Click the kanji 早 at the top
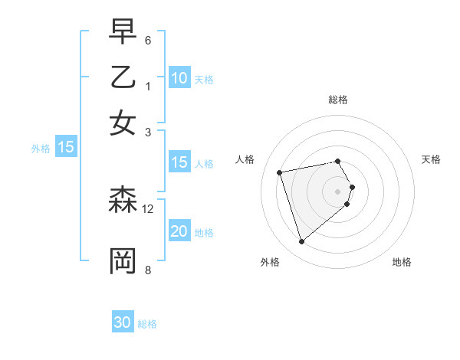click(x=123, y=33)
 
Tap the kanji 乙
click(x=123, y=77)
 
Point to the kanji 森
click(x=123, y=201)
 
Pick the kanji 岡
click(x=123, y=260)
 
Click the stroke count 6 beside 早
click(x=148, y=40)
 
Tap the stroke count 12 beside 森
click(x=148, y=208)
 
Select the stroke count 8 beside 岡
click(x=148, y=269)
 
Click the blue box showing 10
click(x=179, y=78)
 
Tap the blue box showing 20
click(x=179, y=231)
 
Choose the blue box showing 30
click(x=123, y=322)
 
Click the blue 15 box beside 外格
click(x=66, y=148)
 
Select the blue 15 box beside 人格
click(x=179, y=162)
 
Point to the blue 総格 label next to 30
click(x=147, y=324)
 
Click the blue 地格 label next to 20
click(x=204, y=233)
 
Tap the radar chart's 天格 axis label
click(x=432, y=159)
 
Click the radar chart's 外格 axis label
click(x=270, y=262)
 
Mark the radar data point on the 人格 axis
click(x=280, y=172)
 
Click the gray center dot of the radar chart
click(x=337, y=191)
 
